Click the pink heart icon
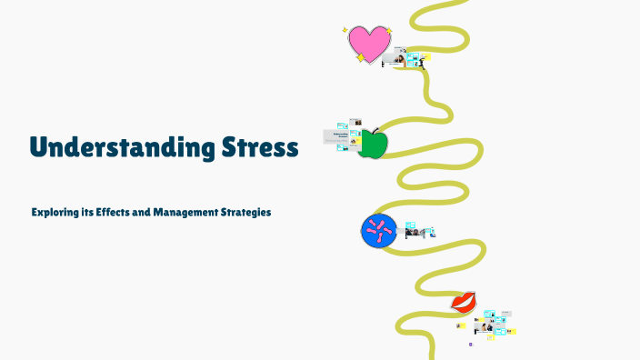point(369,44)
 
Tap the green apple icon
point(373,144)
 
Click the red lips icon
point(464,301)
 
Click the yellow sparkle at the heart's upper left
point(345,30)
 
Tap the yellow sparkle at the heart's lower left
point(360,58)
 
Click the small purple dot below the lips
point(471,345)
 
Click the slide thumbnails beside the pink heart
point(406,59)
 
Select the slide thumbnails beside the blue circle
point(419,229)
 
